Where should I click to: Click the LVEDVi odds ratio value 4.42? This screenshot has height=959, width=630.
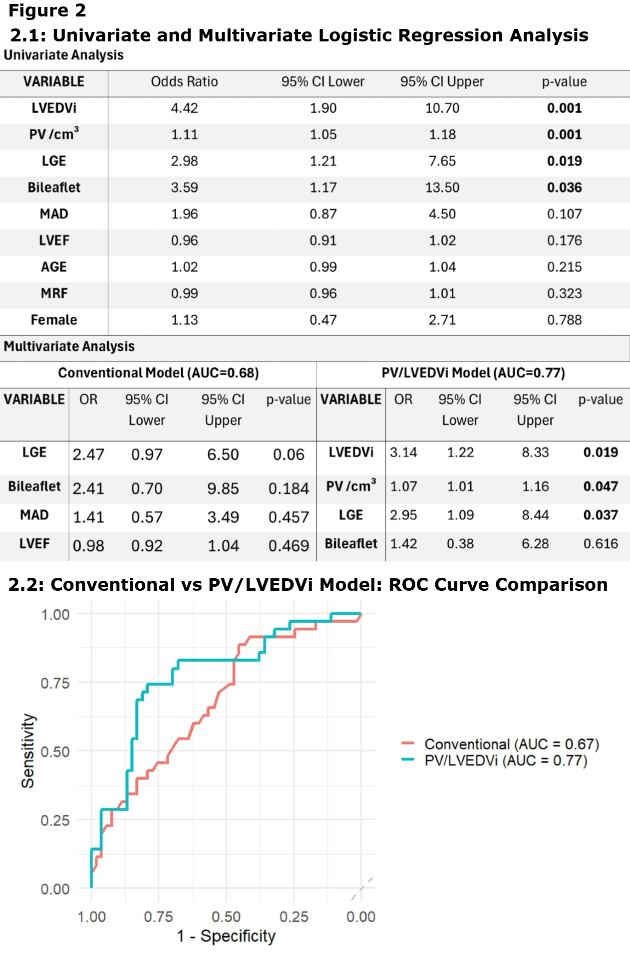coord(184,108)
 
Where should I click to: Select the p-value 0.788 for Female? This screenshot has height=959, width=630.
coord(564,320)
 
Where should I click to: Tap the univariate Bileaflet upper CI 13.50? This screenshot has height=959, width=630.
coord(442,188)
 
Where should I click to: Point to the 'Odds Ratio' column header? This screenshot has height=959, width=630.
coord(184,82)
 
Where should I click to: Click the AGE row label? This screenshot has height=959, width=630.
coord(54,267)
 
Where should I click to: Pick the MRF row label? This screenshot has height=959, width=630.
coord(54,293)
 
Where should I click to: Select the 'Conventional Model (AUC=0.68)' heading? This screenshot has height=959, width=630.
coord(158,373)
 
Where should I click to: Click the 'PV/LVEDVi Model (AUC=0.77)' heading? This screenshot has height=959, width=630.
coord(473,373)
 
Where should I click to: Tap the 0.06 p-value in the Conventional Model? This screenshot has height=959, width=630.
coord(289,455)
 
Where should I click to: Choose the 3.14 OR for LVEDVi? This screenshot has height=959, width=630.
coord(403,453)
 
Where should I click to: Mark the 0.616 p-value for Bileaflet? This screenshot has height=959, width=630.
coord(601,544)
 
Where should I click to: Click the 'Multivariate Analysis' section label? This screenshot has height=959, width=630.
coord(69,347)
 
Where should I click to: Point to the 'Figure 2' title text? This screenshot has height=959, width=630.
coord(47,10)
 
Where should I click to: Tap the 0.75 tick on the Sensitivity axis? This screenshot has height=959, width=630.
coord(55,683)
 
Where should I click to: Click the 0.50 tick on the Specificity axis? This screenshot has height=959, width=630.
coord(226,917)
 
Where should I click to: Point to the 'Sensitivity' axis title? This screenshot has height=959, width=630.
coord(28,751)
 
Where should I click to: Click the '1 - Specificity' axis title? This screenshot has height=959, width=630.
coord(226,936)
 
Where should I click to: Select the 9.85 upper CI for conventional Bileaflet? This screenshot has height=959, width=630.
coord(223,488)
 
